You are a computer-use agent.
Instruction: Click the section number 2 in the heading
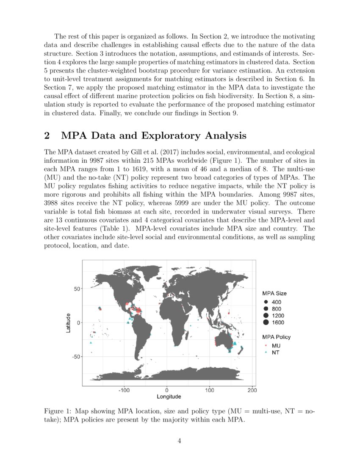[47, 136]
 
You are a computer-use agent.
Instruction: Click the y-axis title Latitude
[69, 323]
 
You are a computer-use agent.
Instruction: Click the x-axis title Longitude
[169, 397]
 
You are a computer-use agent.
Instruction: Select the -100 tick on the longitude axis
[124, 390]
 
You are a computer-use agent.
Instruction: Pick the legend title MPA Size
[274, 293]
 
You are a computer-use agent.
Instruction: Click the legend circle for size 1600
[266, 323]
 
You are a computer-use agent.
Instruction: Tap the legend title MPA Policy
[277, 337]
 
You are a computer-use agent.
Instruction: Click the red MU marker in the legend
[266, 346]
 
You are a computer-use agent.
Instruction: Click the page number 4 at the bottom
[180, 441]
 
